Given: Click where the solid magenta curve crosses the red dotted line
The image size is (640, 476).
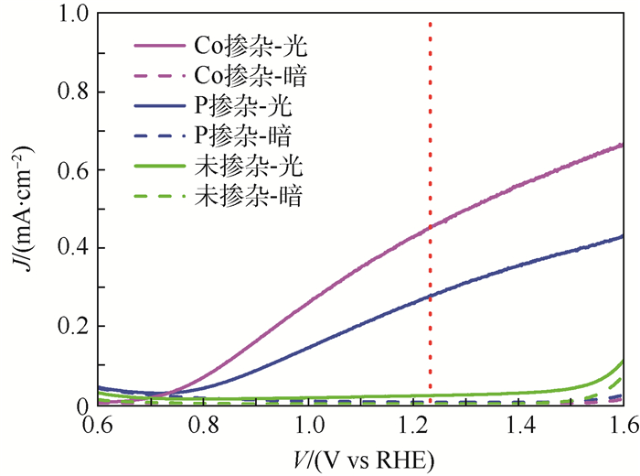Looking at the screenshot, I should [x=430, y=228].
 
